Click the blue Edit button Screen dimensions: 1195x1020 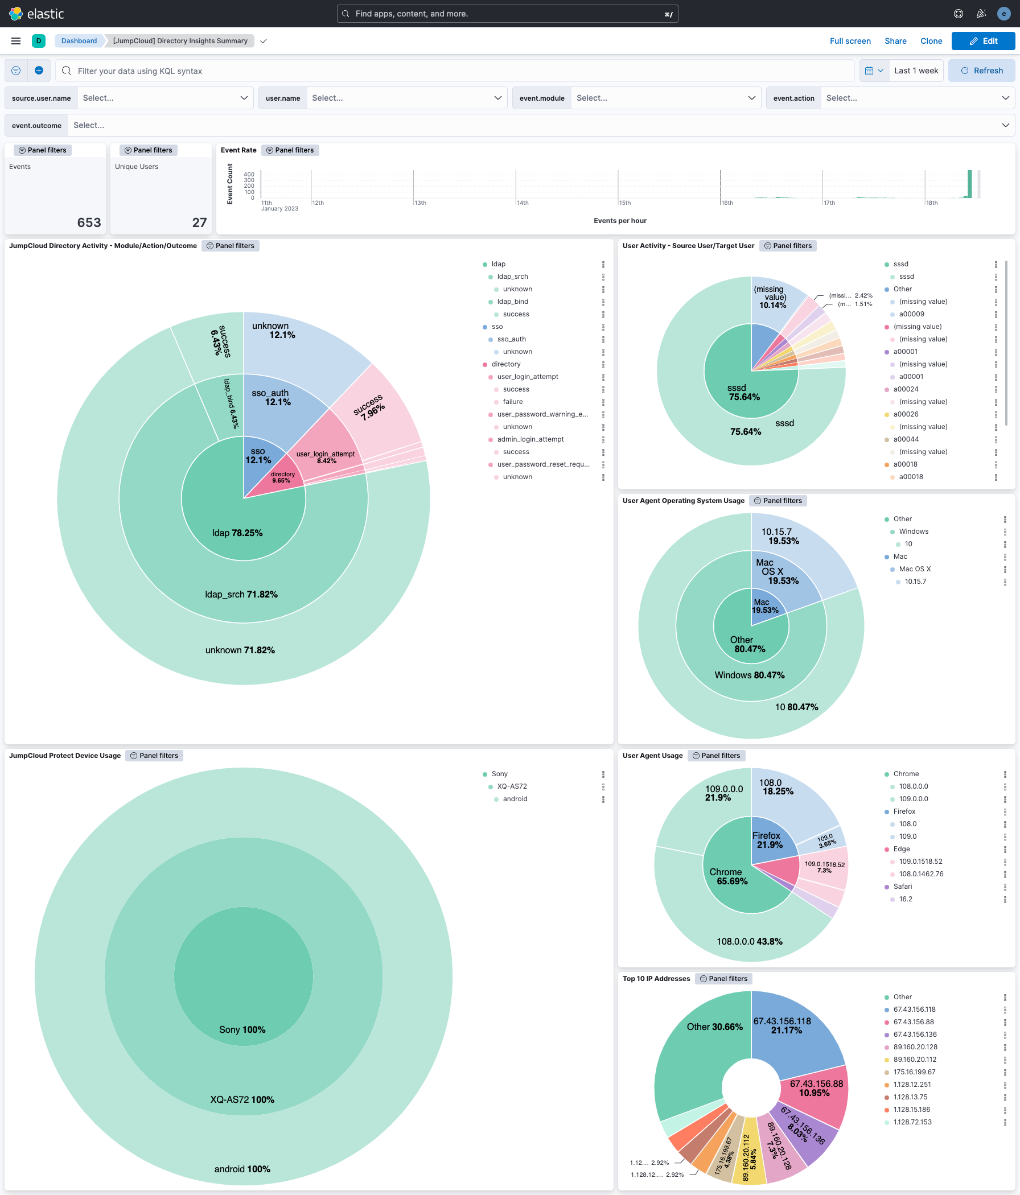coord(982,41)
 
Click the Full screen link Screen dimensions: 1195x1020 coord(850,41)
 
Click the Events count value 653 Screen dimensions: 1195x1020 coord(89,222)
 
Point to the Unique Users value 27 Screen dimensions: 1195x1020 coord(199,222)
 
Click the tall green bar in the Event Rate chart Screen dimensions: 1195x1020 coord(969,184)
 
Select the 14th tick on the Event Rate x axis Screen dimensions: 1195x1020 coord(522,203)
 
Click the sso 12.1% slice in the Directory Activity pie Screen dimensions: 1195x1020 coord(258,456)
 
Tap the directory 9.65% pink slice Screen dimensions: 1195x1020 coord(282,477)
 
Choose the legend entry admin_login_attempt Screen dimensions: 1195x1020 coord(530,439)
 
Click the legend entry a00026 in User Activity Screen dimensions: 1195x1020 coord(906,414)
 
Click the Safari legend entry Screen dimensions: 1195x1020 coord(902,887)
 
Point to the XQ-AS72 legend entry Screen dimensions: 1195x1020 coord(512,786)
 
